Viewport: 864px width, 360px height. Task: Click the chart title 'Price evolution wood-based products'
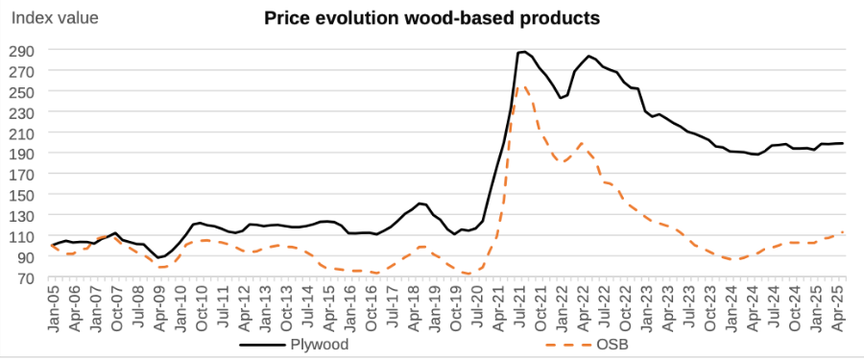pyautogui.click(x=432, y=18)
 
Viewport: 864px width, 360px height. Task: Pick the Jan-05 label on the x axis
pyautogui.click(x=52, y=308)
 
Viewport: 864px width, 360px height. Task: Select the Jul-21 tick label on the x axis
pyautogui.click(x=522, y=308)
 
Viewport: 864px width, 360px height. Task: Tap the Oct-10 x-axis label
pyautogui.click(x=202, y=308)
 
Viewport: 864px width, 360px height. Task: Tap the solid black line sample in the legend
pyautogui.click(x=262, y=345)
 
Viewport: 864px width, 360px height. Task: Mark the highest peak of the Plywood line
pyautogui.click(x=523, y=52)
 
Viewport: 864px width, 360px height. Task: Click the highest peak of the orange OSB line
pyautogui.click(x=522, y=85)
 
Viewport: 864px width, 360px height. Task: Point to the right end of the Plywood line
pyautogui.click(x=843, y=143)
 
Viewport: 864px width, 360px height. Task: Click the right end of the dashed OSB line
pyautogui.click(x=843, y=231)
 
